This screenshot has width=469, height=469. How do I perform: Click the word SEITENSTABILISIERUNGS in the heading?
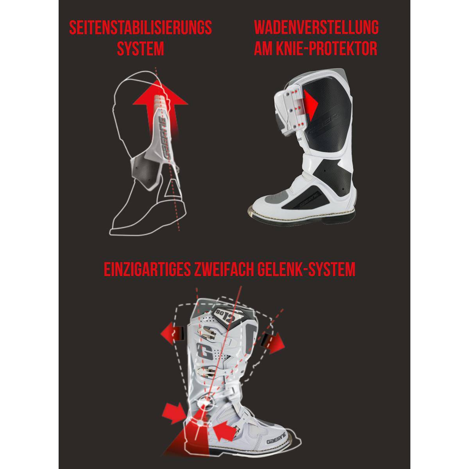[140, 28]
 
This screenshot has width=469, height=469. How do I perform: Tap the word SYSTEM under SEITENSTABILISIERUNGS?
[140, 49]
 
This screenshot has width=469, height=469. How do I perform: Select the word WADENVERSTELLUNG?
[316, 28]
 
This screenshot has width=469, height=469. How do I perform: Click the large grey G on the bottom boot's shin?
[205, 351]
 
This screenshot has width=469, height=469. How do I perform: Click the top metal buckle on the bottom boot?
[208, 333]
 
